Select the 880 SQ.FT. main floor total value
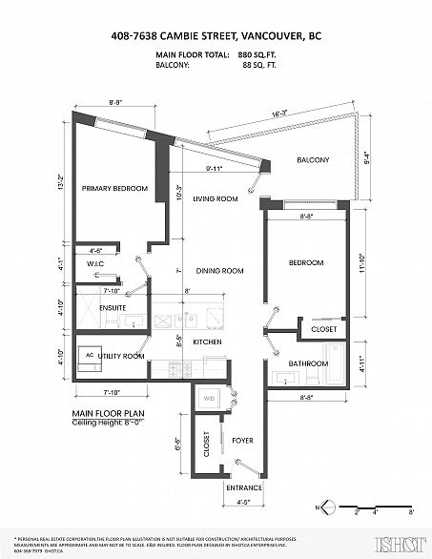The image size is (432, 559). coord(249,57)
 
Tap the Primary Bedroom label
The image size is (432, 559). coord(113,189)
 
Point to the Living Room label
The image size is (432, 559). coord(215,199)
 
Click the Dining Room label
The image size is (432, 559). coord(215,271)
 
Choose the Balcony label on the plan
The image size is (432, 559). coord(314,159)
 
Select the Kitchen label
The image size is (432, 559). coord(207,342)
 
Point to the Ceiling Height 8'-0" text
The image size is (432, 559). coord(107,423)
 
